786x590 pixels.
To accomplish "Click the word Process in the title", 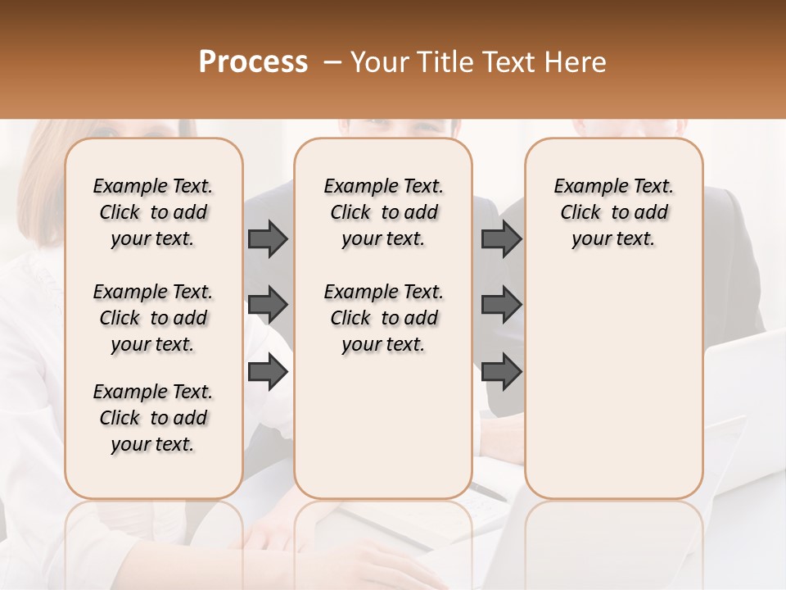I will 253,62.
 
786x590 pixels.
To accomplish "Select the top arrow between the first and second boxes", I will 268,238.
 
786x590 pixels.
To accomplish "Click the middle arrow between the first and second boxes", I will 268,305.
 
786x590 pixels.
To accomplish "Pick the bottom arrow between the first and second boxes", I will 268,372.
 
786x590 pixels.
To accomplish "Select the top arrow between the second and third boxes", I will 501,238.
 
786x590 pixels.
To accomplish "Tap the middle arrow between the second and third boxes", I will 501,305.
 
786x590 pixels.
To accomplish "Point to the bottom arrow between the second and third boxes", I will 501,372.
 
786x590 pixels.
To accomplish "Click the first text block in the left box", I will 153,212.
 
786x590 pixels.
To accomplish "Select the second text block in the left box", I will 153,318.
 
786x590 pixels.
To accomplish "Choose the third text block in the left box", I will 153,418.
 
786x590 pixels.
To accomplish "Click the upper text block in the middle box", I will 383,212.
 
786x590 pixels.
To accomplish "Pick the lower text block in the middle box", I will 383,318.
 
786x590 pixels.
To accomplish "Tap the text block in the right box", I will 613,212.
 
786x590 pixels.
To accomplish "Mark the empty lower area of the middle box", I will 383,426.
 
